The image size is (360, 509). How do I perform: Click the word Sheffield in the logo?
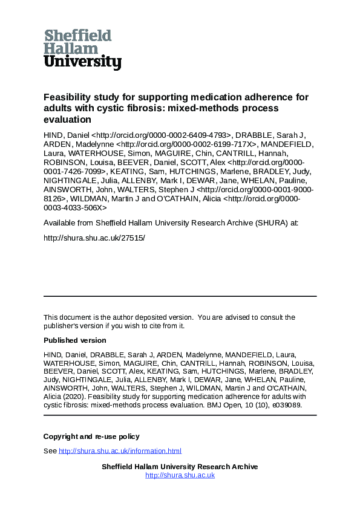(77, 35)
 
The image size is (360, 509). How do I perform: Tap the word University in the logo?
(82, 62)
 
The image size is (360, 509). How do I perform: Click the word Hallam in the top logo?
(71, 48)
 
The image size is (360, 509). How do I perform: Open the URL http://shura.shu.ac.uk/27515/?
(94, 237)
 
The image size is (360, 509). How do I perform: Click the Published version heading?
(74, 340)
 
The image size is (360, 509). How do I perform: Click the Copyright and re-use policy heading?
(91, 436)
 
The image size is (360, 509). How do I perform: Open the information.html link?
(120, 451)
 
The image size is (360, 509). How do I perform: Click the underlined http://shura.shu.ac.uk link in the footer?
(180, 475)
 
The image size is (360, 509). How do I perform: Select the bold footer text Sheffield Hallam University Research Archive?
(180, 467)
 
